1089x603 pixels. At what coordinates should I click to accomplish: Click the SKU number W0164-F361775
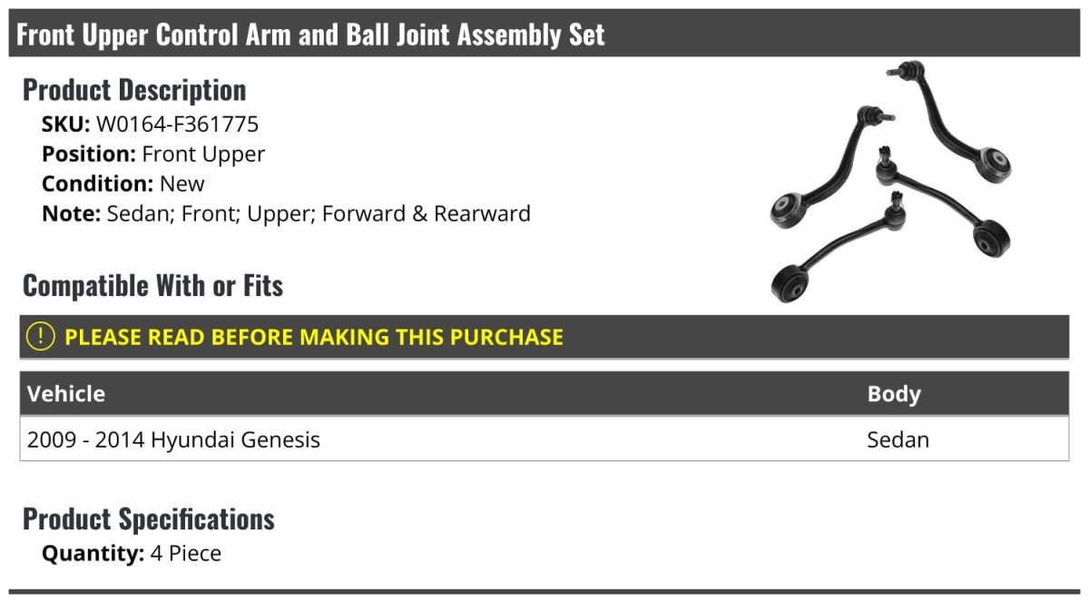click(177, 124)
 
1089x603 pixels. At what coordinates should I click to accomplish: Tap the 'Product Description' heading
click(134, 90)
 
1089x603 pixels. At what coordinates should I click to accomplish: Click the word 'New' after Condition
click(181, 183)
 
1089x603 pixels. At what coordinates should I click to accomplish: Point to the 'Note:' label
click(71, 213)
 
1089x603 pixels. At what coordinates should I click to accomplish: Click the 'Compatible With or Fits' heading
click(152, 286)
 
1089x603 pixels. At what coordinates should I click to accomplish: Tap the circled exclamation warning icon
click(41, 336)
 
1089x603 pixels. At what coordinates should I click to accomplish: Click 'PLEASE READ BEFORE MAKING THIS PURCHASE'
click(314, 337)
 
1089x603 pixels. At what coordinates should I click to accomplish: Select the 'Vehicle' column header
click(66, 394)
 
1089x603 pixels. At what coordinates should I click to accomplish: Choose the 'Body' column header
click(894, 394)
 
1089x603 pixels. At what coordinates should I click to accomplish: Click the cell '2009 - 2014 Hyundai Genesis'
click(173, 440)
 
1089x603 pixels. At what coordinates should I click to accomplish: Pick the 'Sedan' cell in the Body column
click(898, 440)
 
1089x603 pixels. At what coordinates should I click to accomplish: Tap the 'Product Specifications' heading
click(148, 519)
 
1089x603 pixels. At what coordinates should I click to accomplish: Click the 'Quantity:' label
click(93, 553)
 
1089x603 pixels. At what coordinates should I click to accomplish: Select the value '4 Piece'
click(186, 553)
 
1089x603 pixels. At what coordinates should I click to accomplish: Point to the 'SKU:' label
click(65, 124)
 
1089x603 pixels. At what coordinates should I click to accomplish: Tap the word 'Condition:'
click(97, 183)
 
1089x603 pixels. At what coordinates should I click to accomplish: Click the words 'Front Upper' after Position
click(203, 153)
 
